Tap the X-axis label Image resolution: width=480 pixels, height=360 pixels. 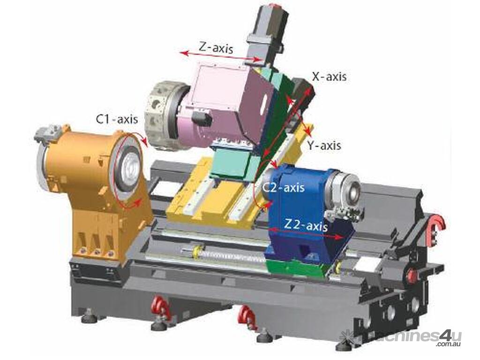point(330,76)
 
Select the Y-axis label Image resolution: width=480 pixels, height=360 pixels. point(324,145)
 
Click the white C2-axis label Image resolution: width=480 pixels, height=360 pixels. point(284,187)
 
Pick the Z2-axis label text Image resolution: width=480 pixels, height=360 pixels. point(306,226)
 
